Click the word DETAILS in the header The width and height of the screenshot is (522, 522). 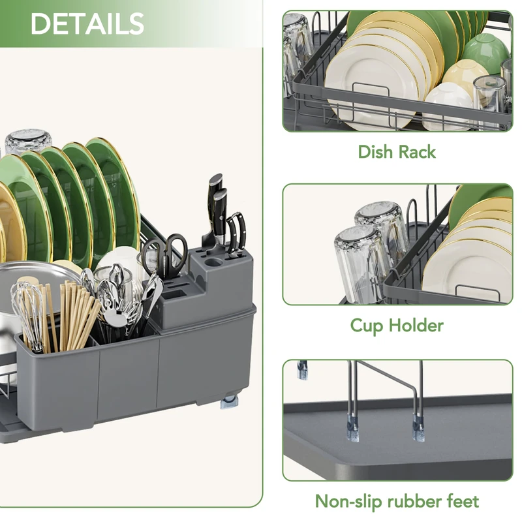(x=87, y=23)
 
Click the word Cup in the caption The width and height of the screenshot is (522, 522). (x=366, y=326)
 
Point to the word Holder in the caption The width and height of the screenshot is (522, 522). (x=416, y=325)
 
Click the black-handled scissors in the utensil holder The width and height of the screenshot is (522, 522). (x=165, y=254)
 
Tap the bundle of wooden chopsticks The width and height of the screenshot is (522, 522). (x=77, y=315)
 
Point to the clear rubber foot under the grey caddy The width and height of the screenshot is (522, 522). (x=229, y=401)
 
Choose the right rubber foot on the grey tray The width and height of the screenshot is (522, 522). (x=418, y=429)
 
